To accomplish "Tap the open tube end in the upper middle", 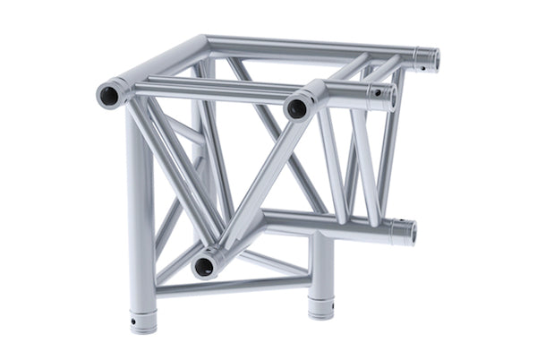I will pyautogui.click(x=297, y=108).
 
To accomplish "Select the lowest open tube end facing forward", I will pyautogui.click(x=205, y=265).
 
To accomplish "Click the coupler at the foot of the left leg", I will pyautogui.click(x=142, y=319).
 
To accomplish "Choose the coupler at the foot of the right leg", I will pyautogui.click(x=321, y=303).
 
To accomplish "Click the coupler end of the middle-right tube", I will pyautogui.click(x=382, y=97).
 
